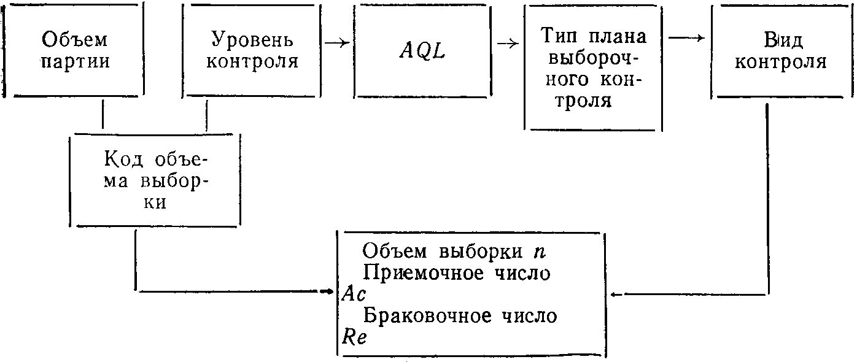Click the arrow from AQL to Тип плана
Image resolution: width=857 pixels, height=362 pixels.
point(507,43)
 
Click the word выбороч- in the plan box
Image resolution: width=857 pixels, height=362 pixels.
point(594,58)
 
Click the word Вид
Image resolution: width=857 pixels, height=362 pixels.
point(780,40)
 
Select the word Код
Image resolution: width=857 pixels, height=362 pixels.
point(125,160)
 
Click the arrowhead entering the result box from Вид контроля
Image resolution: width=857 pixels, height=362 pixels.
point(615,295)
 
